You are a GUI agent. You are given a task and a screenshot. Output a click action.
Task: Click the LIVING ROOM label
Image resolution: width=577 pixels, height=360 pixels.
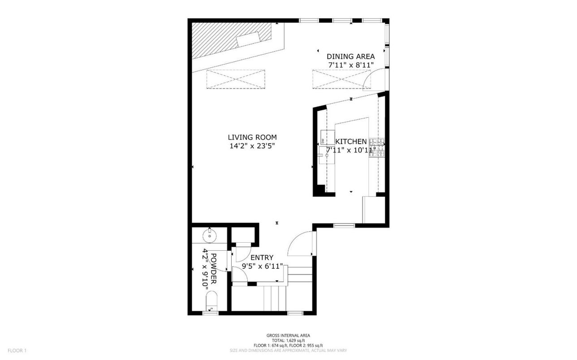(252, 137)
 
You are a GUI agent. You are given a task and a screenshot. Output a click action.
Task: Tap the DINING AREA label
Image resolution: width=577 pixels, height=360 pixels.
(351, 56)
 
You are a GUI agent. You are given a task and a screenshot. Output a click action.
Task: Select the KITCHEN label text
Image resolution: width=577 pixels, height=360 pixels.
(351, 141)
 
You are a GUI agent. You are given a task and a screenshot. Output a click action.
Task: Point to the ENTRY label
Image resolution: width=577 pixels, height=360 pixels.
(262, 257)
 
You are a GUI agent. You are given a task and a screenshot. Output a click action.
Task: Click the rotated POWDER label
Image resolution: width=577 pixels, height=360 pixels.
(214, 269)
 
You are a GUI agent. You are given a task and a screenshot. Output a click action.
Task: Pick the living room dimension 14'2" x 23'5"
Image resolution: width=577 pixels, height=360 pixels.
(252, 146)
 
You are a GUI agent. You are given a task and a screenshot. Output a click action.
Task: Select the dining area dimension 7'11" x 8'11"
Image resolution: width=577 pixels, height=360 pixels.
(351, 65)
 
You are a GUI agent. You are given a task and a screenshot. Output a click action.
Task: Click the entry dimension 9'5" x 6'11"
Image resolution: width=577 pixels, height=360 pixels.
(262, 266)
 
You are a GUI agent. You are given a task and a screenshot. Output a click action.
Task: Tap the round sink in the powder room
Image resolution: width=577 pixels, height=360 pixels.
(210, 236)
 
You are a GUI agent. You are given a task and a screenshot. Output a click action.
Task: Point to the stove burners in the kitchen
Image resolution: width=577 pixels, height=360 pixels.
(377, 148)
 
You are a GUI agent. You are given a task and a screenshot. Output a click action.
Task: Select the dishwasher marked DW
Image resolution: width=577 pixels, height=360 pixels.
(327, 137)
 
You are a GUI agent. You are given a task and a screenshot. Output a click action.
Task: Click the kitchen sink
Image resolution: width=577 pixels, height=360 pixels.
(327, 155)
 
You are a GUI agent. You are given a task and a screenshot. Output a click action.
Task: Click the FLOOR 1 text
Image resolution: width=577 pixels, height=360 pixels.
(17, 351)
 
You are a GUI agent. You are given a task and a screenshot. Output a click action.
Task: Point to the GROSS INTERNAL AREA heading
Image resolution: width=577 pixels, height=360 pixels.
(288, 335)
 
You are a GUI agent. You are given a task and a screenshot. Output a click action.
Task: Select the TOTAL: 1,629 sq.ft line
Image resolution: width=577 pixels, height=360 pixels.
(288, 340)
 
